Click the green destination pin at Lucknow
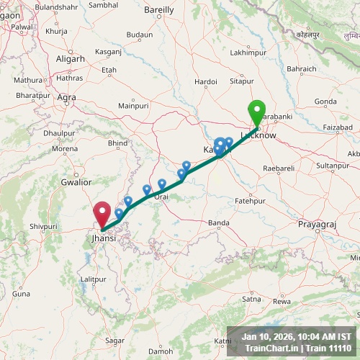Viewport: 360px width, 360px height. pyautogui.click(x=257, y=113)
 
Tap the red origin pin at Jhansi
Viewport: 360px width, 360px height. pyautogui.click(x=102, y=213)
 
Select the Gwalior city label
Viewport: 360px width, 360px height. pyautogui.click(x=76, y=182)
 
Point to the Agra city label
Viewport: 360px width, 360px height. pyautogui.click(x=66, y=97)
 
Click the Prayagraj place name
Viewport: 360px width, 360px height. pyautogui.click(x=317, y=225)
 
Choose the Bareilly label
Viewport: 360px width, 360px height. pyautogui.click(x=159, y=10)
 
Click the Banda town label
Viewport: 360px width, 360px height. pyautogui.click(x=218, y=223)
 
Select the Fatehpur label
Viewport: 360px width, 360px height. pyautogui.click(x=250, y=201)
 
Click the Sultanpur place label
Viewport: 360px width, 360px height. pyautogui.click(x=333, y=166)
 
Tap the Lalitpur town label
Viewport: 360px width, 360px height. pyautogui.click(x=94, y=279)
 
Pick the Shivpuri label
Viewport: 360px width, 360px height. pyautogui.click(x=42, y=226)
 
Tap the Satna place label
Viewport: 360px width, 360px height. pyautogui.click(x=251, y=298)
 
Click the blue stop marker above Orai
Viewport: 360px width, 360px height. pyautogui.click(x=162, y=184)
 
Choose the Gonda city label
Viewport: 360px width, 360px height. pyautogui.click(x=325, y=102)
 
